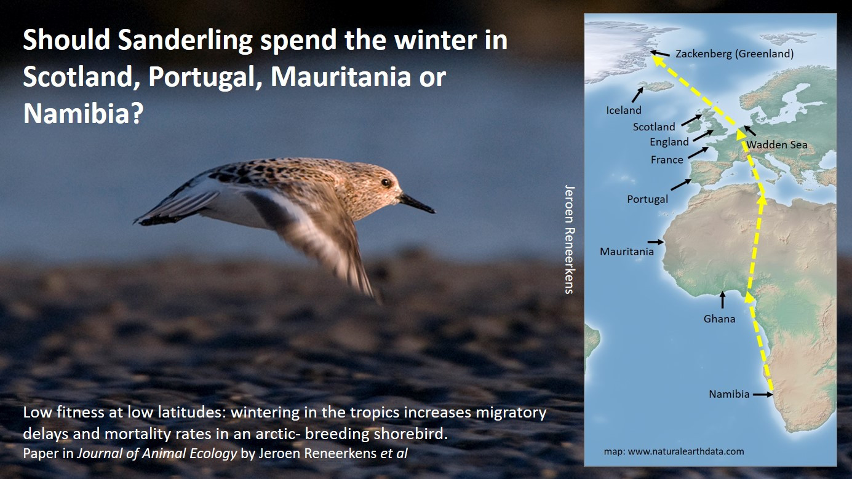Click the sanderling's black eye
coord(386,183)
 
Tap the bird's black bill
coord(416,203)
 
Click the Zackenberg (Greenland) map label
coord(735,53)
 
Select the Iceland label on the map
coord(623,110)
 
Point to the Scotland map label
coord(654,127)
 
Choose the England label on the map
coord(669,142)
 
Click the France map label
coord(667,160)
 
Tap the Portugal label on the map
coord(647,199)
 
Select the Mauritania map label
coord(626,251)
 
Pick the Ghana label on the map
coord(719,319)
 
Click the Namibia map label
coord(729,394)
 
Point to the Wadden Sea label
coord(777,145)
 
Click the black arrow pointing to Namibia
coord(762,395)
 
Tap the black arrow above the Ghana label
coord(722,299)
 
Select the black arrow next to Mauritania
coord(656,242)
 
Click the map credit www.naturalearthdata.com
coord(686,451)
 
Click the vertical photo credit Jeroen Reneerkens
coord(569,240)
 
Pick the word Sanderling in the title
coord(185,41)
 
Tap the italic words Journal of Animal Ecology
coord(157,453)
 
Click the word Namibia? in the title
coord(83,113)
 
